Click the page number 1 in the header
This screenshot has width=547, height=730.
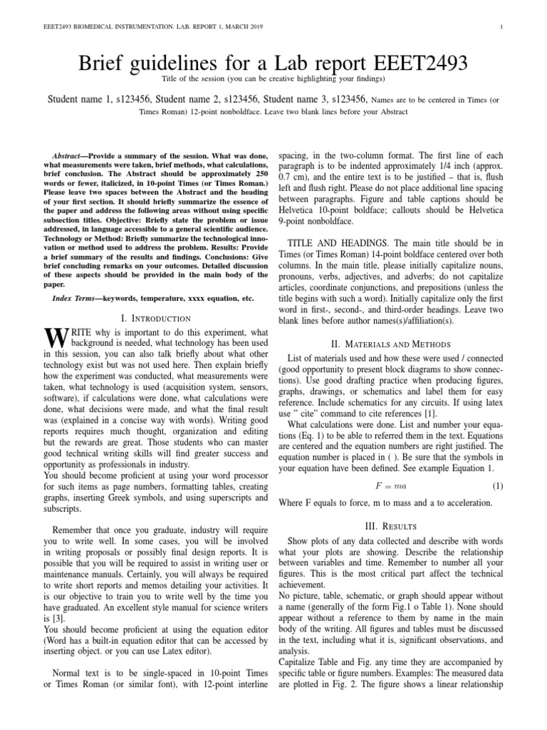click(x=503, y=27)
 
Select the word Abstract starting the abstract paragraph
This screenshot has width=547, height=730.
click(x=68, y=155)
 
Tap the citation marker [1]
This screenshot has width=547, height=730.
click(x=431, y=413)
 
